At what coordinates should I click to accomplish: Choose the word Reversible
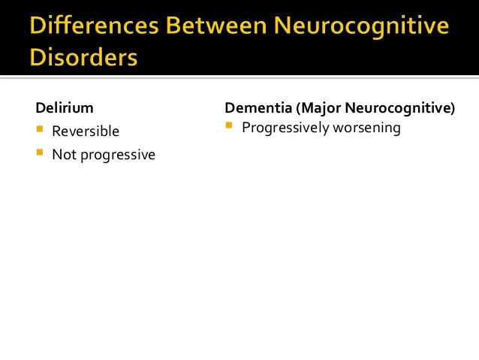[x=86, y=132]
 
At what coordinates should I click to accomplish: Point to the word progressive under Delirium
[x=116, y=155]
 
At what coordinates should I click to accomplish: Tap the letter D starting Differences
[x=38, y=29]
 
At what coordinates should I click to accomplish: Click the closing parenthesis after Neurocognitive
[x=453, y=109]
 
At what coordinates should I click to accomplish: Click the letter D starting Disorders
[x=38, y=59]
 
